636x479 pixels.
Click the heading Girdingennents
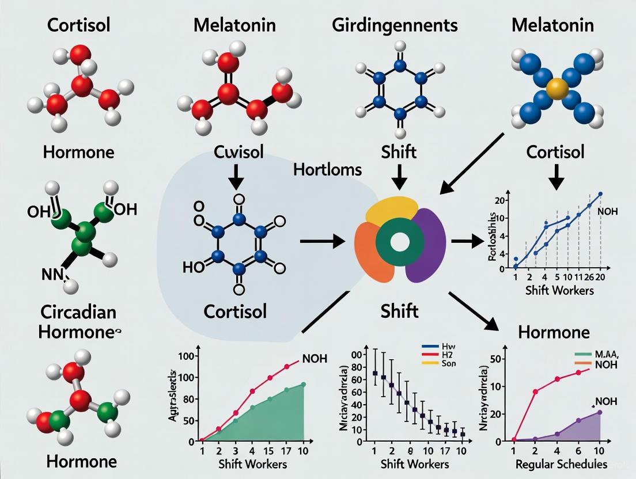click(395, 25)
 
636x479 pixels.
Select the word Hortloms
click(328, 169)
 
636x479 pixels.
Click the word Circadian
click(78, 312)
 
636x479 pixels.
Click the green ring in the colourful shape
click(399, 242)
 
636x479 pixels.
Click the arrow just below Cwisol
click(236, 179)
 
